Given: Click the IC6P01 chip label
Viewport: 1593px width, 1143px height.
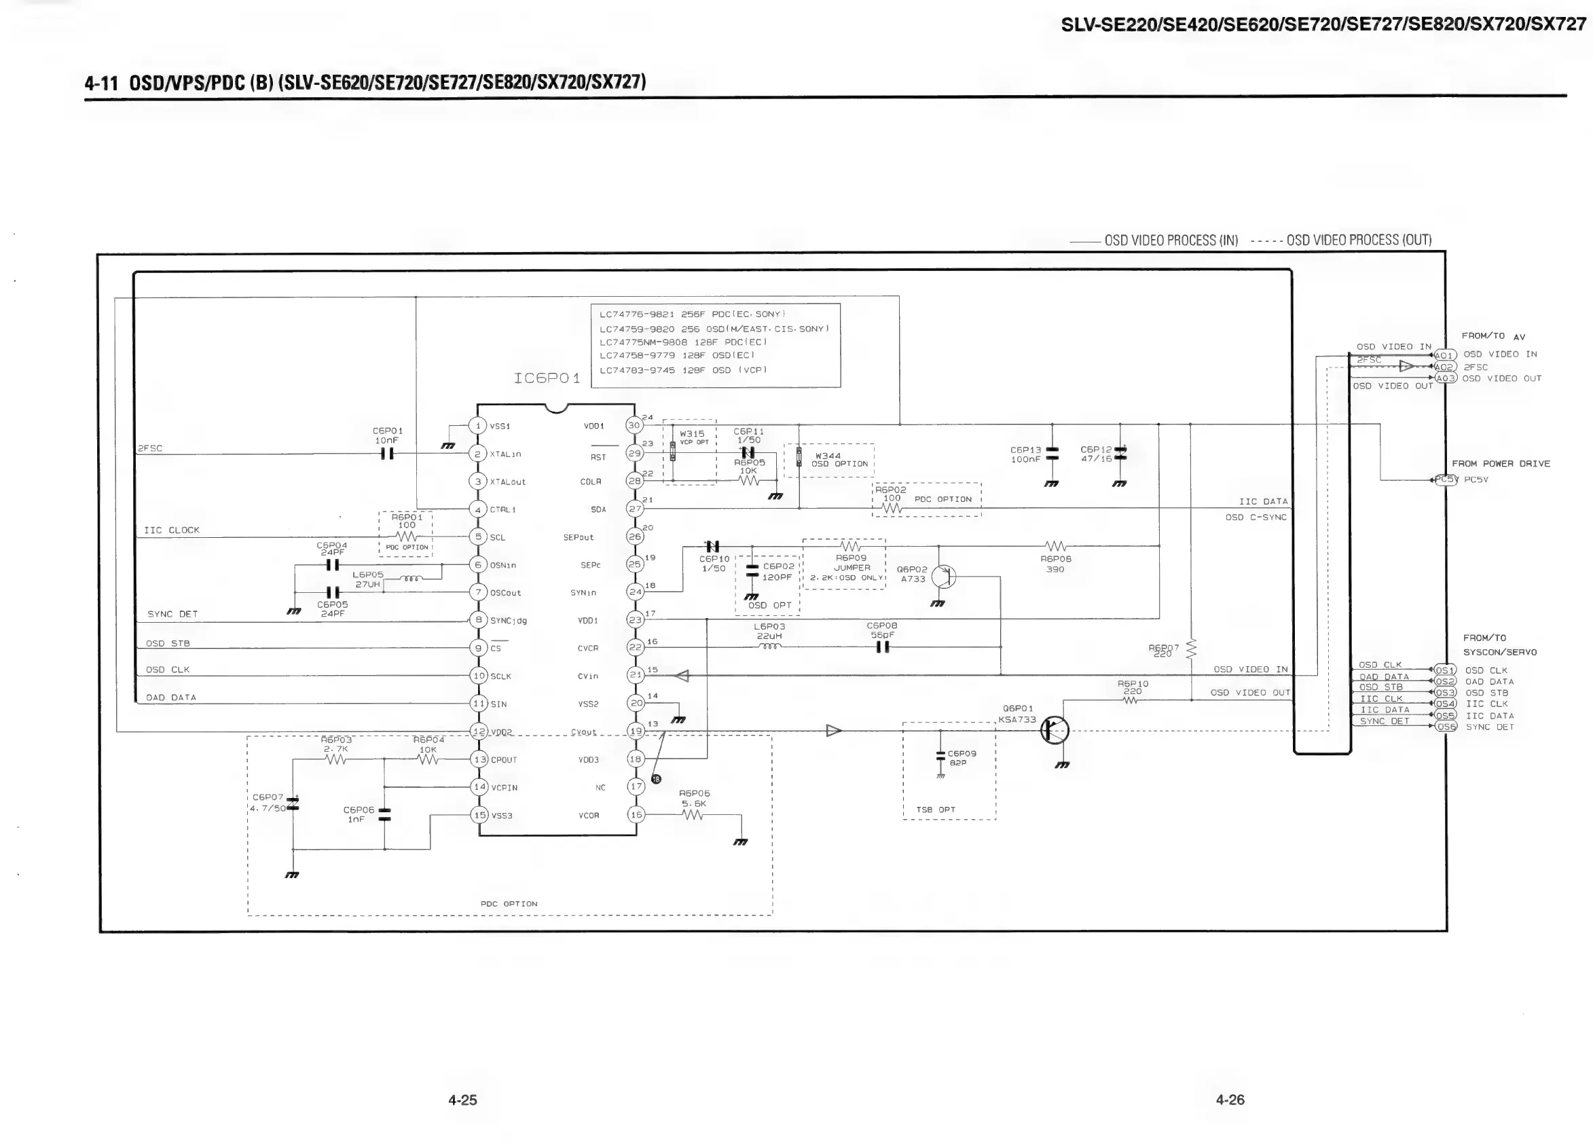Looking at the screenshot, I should click(547, 378).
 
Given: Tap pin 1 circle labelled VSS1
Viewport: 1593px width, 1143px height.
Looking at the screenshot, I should click(477, 426).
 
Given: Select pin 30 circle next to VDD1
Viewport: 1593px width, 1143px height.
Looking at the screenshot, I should click(634, 425).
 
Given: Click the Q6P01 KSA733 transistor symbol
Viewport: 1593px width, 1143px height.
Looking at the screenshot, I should click(1055, 731).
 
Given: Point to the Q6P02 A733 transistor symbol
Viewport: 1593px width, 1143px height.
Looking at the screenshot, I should click(943, 577).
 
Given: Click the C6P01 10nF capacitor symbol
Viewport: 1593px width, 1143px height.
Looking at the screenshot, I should click(387, 454).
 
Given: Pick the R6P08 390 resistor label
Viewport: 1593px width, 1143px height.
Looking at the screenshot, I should click(1055, 564).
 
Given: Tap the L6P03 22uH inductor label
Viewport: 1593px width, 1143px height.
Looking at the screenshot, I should click(769, 631).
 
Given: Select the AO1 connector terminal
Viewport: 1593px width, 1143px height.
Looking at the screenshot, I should click(1444, 355).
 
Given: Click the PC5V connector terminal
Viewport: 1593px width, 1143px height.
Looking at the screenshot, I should click(1446, 480).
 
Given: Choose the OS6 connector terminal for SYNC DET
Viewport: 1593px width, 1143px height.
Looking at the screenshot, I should click(1446, 727).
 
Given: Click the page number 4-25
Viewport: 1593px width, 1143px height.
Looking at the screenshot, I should click(462, 1100).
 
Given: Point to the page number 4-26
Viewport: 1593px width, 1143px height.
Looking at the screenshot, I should click(1230, 1100).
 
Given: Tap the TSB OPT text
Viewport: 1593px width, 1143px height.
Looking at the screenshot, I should click(936, 810).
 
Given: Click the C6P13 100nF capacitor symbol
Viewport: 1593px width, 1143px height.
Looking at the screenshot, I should click(1051, 454).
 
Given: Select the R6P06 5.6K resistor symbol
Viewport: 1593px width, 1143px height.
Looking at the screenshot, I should click(693, 815).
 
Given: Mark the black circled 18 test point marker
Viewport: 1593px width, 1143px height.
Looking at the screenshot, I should click(656, 778).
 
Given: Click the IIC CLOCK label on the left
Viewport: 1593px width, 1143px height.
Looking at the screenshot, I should click(171, 530).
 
